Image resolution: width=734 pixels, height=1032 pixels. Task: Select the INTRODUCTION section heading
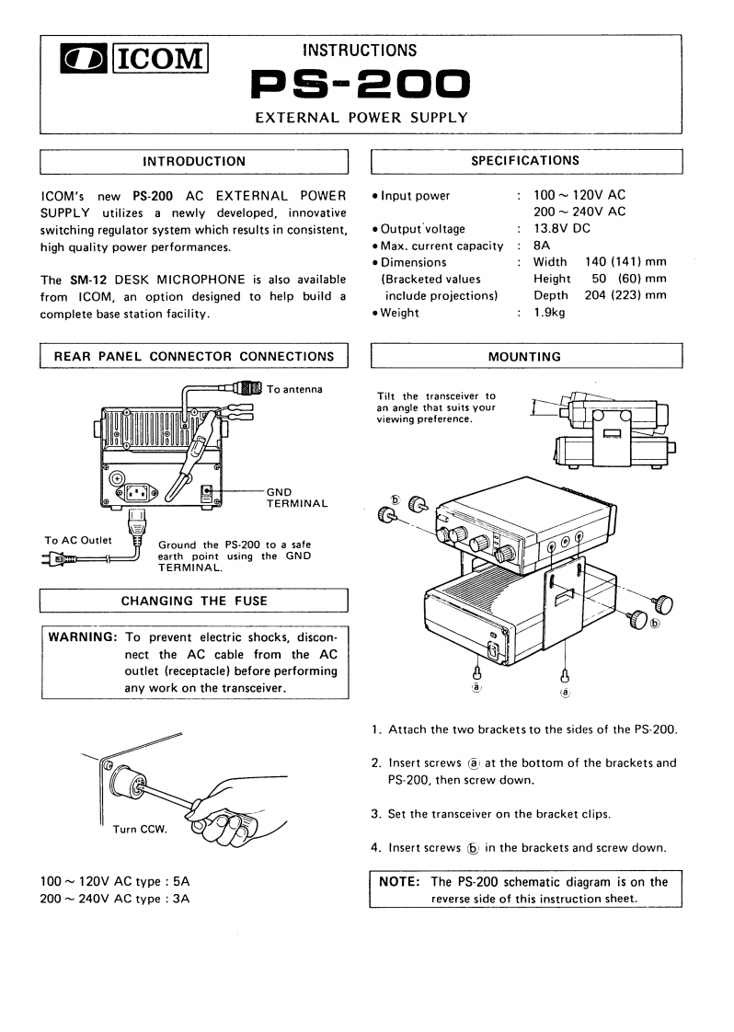[194, 161]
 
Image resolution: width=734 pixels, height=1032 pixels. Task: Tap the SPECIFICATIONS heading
[525, 160]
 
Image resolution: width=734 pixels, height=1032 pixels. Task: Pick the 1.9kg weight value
[552, 312]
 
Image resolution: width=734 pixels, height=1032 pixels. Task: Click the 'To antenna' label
[294, 389]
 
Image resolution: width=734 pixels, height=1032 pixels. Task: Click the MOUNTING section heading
[525, 355]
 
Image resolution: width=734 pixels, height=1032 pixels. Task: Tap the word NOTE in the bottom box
[400, 881]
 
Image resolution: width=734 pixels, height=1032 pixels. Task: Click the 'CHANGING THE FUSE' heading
[194, 602]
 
